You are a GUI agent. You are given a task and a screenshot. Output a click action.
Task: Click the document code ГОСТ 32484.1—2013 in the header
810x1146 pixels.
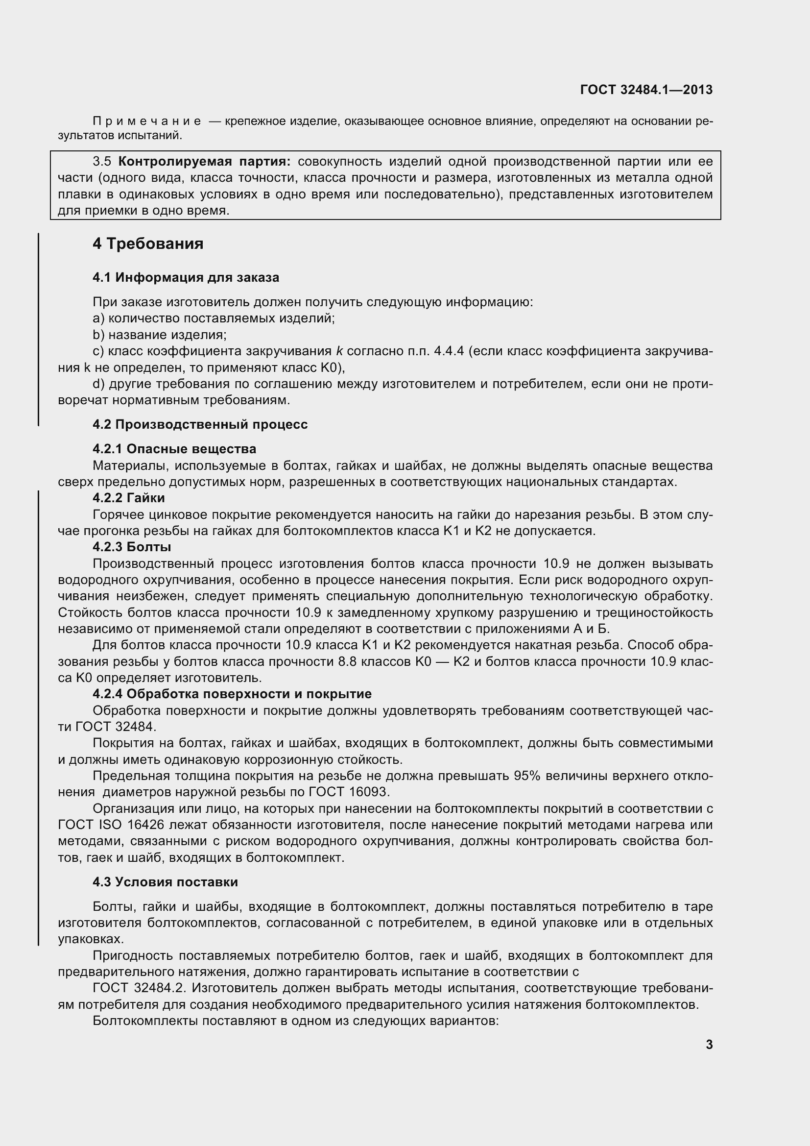pyautogui.click(x=646, y=90)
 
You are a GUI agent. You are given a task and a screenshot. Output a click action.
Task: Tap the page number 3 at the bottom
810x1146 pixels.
pyautogui.click(x=709, y=1045)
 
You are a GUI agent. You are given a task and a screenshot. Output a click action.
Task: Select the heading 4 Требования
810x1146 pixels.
pyautogui.click(x=148, y=244)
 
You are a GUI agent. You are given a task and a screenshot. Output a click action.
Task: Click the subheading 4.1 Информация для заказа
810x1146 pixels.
pyautogui.click(x=186, y=277)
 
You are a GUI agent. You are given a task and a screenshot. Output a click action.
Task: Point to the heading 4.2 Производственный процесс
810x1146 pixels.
pyautogui.click(x=200, y=424)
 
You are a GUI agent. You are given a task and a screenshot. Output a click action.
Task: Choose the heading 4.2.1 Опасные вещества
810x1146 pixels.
pyautogui.click(x=174, y=449)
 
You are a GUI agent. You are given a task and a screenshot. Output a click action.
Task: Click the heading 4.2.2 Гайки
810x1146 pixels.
pyautogui.click(x=129, y=498)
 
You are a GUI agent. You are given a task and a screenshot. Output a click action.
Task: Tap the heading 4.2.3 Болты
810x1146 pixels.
pyautogui.click(x=132, y=547)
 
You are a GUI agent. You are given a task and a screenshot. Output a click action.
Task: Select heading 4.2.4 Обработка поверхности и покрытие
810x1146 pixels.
pyautogui.click(x=232, y=694)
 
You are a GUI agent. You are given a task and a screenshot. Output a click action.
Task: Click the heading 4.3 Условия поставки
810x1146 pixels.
pyautogui.click(x=165, y=882)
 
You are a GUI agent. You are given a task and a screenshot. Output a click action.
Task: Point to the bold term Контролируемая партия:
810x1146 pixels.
pyautogui.click(x=205, y=161)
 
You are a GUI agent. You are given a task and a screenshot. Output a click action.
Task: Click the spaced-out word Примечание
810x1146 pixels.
pyautogui.click(x=147, y=122)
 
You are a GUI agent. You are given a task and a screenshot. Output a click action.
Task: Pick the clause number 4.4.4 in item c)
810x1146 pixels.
pyautogui.click(x=449, y=351)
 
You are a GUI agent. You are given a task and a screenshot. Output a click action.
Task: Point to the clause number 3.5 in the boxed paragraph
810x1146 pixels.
pyautogui.click(x=102, y=161)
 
